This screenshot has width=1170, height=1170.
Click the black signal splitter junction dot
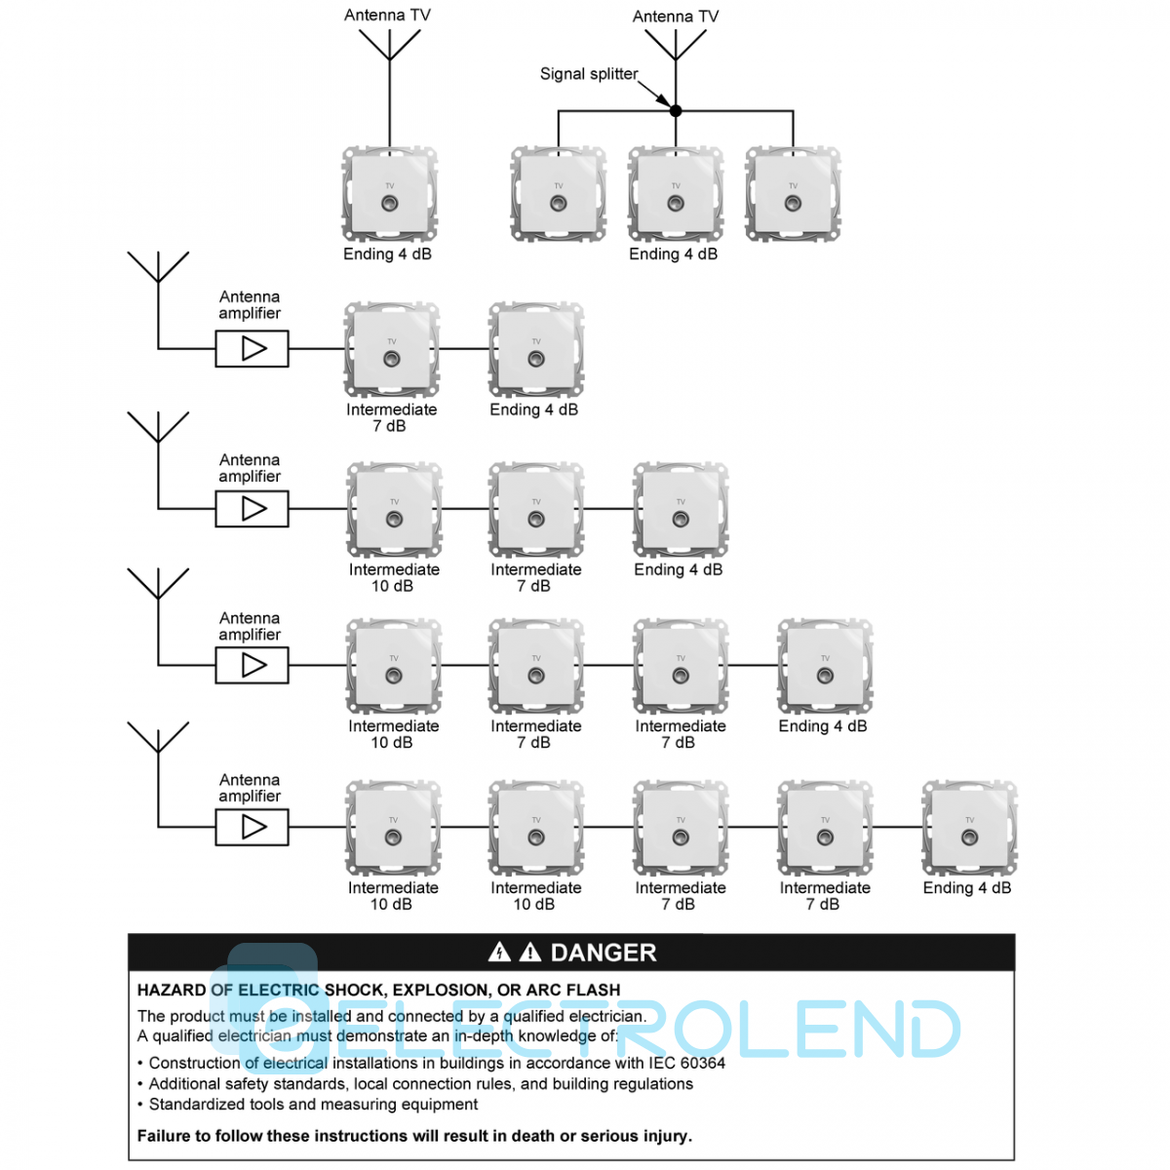pos(676,111)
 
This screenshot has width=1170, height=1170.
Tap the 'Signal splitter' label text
pos(589,74)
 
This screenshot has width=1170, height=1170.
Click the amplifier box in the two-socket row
pos(252,348)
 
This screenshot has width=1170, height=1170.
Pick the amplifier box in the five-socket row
pos(252,827)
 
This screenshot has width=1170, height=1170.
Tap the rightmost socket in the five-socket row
pos(969,828)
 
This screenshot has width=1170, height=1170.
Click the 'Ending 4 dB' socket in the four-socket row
pos(825,667)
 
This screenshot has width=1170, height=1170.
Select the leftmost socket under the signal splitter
pos(559,195)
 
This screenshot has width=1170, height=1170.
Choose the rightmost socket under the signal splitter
pos(793,195)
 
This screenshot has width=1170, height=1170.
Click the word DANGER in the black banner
pos(604,953)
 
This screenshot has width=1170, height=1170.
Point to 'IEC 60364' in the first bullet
pos(686,1063)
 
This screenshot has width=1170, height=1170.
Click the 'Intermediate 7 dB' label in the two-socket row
pos(391,417)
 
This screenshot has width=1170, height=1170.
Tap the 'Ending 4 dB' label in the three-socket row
pos(679,569)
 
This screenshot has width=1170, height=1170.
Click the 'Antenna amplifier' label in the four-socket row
pos(250,626)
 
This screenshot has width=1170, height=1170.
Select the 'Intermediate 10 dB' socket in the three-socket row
pos(394,510)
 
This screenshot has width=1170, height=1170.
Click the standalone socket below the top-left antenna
pos(389,195)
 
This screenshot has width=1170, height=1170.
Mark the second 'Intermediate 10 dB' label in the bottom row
pos(535,896)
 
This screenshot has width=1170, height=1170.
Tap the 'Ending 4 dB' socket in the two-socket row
pos(536,350)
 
